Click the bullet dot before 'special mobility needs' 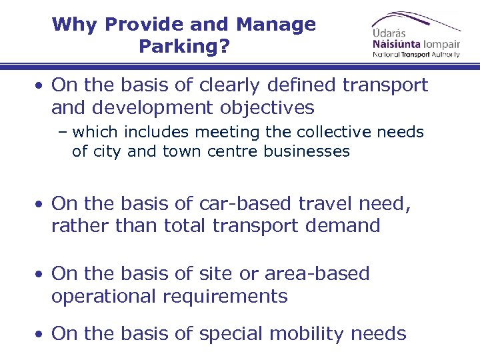point(41,334)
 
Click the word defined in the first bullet point(300,85)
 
